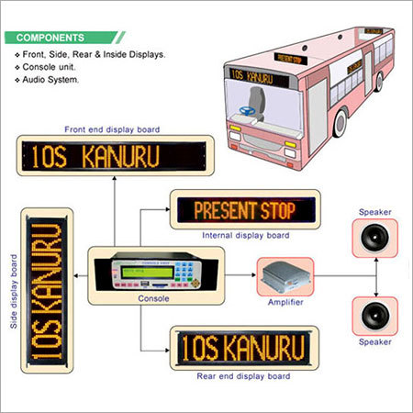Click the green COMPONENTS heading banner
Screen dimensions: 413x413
(x=64, y=39)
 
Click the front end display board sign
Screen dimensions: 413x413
(x=114, y=156)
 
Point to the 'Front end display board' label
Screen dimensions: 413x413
(x=114, y=129)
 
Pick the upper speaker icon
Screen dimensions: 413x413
(x=374, y=240)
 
